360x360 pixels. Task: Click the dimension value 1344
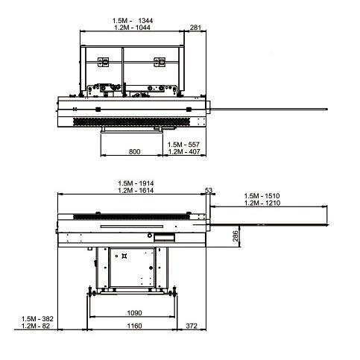145,20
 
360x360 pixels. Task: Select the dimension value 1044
143,28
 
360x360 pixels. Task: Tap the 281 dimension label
195,27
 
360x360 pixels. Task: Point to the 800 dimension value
134,151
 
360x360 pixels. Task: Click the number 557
194,145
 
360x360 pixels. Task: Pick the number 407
195,151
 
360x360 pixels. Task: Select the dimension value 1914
146,183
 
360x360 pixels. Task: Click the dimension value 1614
146,191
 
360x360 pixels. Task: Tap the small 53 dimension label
209,190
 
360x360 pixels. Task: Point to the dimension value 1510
272,196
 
